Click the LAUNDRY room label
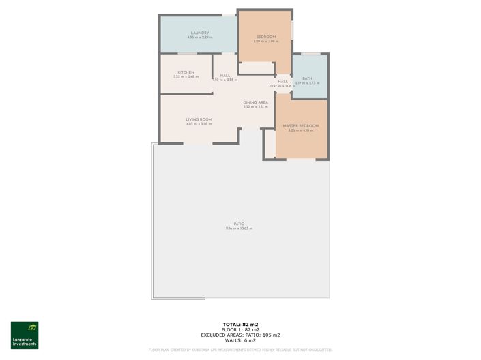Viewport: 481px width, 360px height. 200,33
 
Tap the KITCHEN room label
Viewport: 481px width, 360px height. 186,72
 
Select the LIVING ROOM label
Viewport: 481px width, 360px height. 199,119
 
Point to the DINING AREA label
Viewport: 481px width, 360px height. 255,102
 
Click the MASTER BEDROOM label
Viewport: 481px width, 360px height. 301,125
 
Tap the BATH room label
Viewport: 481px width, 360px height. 308,78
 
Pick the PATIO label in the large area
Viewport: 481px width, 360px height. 239,224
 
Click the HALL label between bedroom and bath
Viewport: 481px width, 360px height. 282,82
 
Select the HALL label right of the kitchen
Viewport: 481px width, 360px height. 224,76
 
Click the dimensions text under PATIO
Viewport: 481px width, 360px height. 239,228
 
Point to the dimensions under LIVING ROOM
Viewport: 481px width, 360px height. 199,124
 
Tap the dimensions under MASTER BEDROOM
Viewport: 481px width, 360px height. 301,130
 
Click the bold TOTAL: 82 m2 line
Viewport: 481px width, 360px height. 240,324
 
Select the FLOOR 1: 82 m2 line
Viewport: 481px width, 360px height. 240,329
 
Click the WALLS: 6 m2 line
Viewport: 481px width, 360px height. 240,340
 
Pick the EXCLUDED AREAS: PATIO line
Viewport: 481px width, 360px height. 240,335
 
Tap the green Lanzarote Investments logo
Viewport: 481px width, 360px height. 25,335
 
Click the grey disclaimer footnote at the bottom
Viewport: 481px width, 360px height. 240,350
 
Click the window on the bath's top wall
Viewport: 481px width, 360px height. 310,53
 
